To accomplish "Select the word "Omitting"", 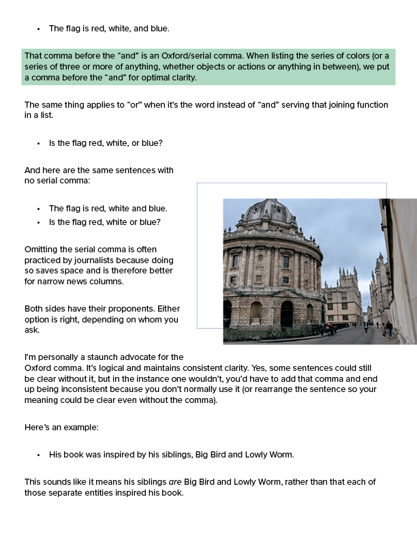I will (43, 249).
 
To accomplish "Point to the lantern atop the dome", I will (271, 202).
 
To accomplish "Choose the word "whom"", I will (140, 318).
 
